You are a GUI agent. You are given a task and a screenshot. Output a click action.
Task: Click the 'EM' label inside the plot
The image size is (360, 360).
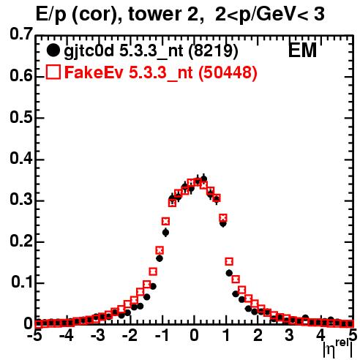(x=302, y=50)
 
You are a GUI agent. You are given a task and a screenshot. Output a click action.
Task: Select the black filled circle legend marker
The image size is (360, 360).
(x=53, y=50)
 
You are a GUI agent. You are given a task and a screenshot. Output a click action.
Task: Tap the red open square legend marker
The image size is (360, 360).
(x=53, y=72)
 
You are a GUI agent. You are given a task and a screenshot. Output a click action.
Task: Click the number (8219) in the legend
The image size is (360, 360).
(x=213, y=51)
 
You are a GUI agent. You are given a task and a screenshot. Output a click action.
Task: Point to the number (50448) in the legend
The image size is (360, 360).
(x=228, y=72)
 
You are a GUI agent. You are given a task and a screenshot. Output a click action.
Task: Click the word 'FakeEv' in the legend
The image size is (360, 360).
(x=94, y=72)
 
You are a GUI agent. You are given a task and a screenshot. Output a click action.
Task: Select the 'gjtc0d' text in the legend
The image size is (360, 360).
(x=89, y=52)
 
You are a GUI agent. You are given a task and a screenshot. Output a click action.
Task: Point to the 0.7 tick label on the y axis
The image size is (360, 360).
(x=21, y=34)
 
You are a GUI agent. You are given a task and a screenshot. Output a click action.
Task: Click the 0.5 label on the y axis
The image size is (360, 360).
(x=21, y=118)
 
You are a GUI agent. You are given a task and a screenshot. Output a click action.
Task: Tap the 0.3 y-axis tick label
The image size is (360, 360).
(x=21, y=200)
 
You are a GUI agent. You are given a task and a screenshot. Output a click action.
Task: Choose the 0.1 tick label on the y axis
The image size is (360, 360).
(x=22, y=282)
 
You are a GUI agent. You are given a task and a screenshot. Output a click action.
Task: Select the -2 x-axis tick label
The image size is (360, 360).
(x=131, y=335)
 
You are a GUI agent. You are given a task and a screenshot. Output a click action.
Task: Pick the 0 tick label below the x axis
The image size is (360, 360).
(x=194, y=335)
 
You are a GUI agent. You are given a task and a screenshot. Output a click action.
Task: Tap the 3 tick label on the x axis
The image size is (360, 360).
(x=289, y=335)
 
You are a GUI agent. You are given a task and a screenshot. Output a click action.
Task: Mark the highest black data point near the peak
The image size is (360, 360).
(x=204, y=179)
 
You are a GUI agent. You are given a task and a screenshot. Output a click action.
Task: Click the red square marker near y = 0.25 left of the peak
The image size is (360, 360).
(x=165, y=222)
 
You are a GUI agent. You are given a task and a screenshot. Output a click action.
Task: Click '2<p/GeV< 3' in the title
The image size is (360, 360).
(x=270, y=14)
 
